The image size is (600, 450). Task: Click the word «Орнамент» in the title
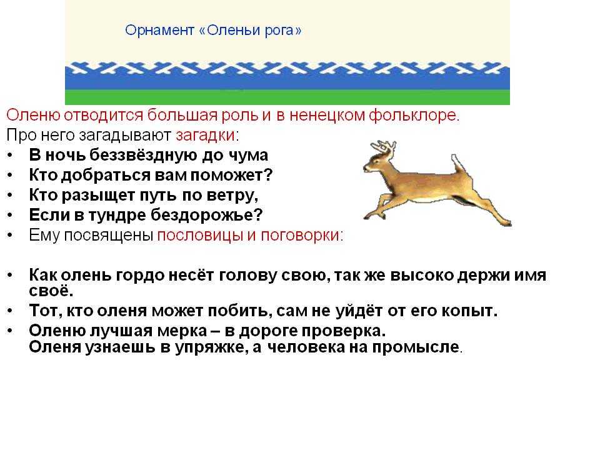point(159,30)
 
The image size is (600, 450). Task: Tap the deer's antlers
point(383,146)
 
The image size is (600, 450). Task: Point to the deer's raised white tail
point(458,163)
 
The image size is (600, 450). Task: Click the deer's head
point(377,161)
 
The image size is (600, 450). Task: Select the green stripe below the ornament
point(287,97)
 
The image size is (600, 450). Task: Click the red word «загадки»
point(206,135)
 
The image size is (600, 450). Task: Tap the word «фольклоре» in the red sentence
point(413,115)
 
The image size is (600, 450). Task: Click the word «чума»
point(248,156)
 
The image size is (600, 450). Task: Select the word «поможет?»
point(231,176)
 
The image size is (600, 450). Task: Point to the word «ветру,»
point(232,196)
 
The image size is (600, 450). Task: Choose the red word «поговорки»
point(302,236)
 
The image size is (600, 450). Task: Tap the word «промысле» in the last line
point(416,347)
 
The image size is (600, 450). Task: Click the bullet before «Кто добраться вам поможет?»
point(11,175)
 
